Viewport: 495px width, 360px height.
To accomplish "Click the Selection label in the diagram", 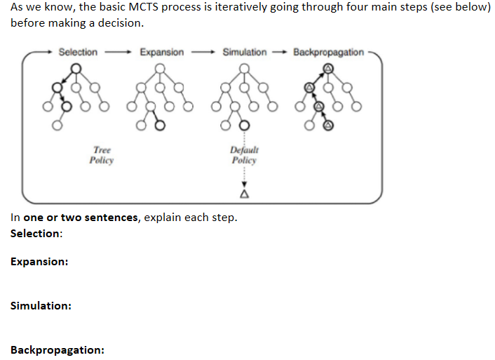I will [78, 52].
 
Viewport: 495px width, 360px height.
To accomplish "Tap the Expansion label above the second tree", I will [161, 52].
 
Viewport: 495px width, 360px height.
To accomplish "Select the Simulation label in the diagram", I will [244, 52].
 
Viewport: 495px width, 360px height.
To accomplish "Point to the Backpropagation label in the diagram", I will [328, 52].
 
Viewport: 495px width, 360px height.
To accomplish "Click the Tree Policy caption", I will [102, 155].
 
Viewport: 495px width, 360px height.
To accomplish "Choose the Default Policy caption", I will [244, 155].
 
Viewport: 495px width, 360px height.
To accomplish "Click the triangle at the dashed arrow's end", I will [244, 193].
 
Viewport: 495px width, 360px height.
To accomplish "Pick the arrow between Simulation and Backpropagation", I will [279, 52].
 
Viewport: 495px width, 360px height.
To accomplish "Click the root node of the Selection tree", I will [76, 68].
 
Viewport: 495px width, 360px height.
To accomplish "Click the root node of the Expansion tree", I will [161, 68].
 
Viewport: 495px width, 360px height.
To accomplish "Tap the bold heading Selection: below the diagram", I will [36, 234].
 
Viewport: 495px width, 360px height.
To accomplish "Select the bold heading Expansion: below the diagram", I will [39, 261].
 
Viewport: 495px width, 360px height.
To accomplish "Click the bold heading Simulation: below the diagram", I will [41, 306].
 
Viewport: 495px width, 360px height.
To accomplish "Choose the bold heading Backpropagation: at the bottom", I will [57, 349].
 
